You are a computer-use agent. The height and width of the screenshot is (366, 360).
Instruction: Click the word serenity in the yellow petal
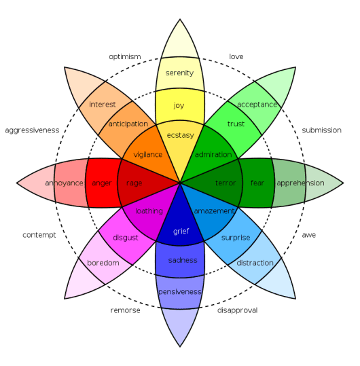(179, 73)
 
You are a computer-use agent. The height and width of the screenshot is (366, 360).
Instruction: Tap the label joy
(179, 105)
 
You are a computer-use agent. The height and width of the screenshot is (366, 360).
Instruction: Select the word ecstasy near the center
(181, 135)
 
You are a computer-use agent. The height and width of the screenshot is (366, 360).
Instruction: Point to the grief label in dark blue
(181, 232)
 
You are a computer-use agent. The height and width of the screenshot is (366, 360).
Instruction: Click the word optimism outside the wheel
(125, 57)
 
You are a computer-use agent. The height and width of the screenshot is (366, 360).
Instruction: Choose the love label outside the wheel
(236, 57)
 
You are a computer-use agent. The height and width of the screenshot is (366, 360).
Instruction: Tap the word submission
(321, 130)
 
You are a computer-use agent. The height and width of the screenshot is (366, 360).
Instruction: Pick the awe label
(308, 235)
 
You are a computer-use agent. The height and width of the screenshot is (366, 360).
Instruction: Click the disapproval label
(237, 310)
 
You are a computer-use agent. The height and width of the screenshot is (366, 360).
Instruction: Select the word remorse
(126, 310)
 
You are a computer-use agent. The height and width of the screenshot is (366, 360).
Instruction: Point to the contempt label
(39, 235)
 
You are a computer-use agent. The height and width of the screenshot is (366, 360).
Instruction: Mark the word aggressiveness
(32, 130)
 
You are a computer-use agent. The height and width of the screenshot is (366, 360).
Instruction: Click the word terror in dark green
(226, 183)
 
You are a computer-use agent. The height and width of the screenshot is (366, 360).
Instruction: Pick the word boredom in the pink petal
(103, 263)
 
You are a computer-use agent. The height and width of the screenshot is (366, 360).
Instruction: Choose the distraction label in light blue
(255, 263)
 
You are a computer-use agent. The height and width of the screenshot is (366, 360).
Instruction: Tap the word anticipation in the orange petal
(128, 124)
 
